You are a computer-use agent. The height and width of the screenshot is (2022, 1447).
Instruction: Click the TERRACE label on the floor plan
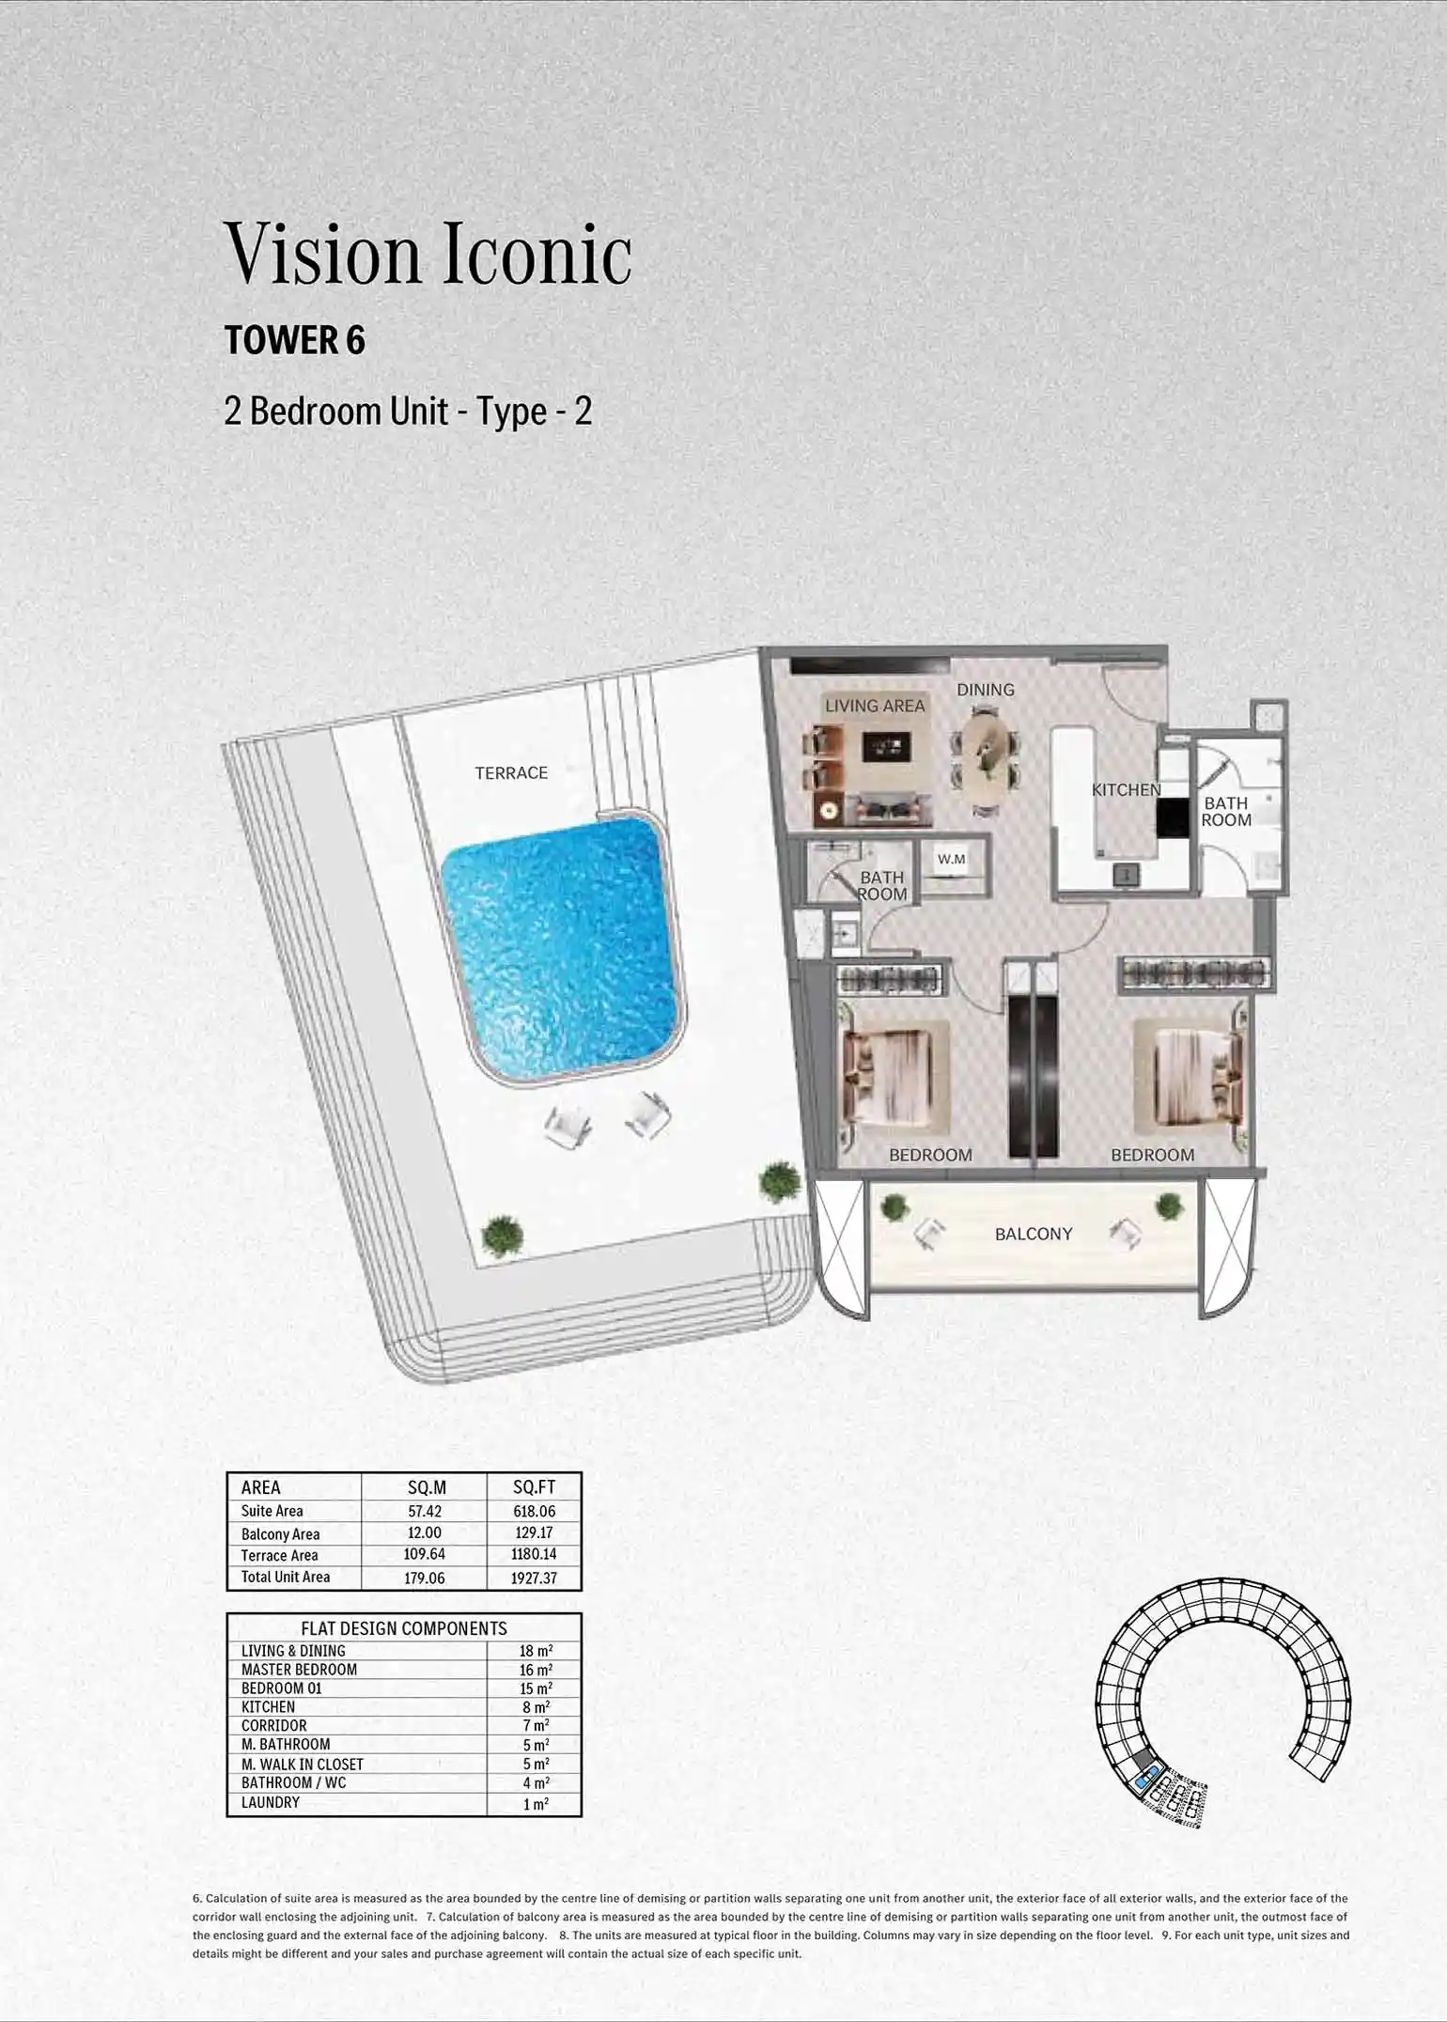511,772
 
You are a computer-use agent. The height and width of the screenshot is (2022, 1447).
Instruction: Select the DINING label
986,690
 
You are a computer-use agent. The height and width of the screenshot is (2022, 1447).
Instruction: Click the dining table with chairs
987,763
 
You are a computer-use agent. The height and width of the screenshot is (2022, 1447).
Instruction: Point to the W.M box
951,859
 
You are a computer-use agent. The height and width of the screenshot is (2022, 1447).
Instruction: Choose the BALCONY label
1034,1234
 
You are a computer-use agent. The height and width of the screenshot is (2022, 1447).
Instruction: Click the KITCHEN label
1126,790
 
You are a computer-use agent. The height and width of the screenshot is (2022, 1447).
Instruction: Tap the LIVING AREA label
875,706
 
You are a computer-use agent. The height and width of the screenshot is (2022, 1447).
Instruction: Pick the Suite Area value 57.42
424,1511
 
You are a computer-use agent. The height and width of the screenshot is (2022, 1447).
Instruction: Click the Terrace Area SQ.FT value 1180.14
534,1554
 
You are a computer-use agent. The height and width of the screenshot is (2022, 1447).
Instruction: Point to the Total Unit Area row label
286,1577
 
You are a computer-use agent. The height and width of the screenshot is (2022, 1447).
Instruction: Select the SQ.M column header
427,1487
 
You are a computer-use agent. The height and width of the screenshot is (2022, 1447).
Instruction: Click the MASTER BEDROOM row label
299,1670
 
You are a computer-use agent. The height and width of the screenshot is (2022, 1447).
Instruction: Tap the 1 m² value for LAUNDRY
536,1803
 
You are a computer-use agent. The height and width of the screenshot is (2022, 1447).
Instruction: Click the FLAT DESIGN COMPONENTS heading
403,1628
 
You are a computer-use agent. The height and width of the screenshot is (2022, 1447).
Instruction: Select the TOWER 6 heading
295,340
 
